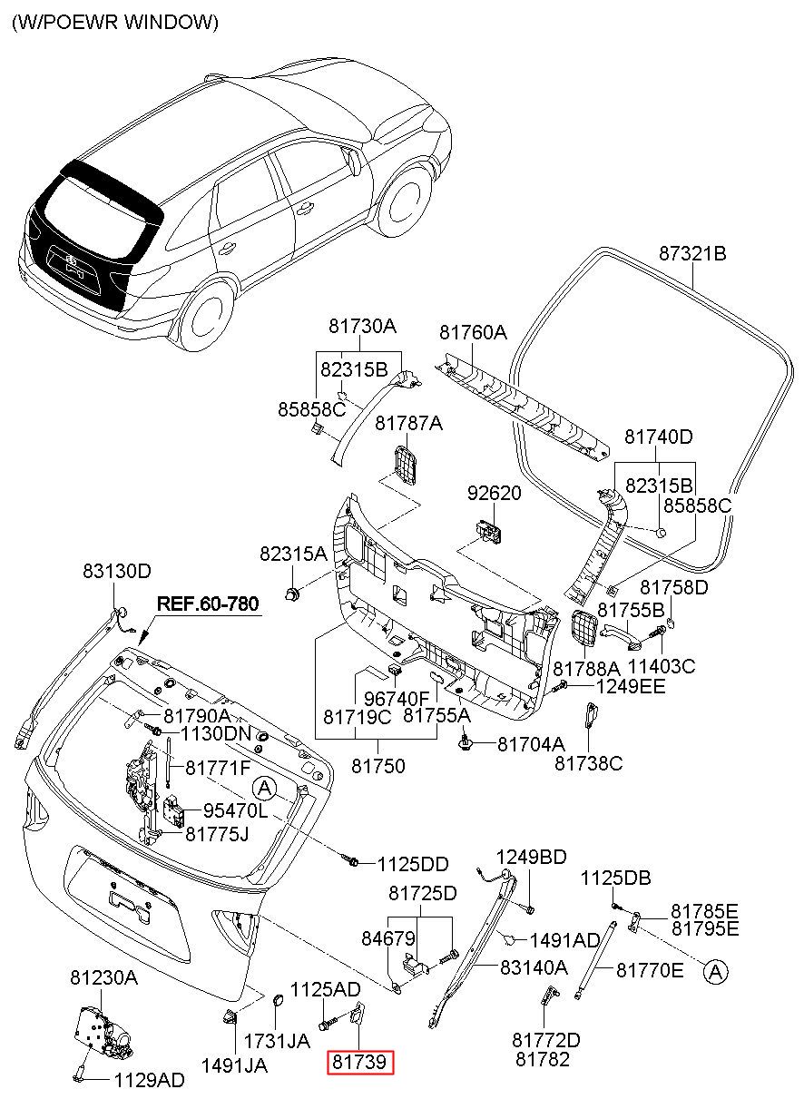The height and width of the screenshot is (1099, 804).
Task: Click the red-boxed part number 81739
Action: (360, 1062)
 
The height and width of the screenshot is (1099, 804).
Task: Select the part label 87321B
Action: (692, 254)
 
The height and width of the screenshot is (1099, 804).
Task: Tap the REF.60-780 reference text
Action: (208, 604)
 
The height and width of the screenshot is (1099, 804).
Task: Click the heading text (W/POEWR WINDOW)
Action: (115, 23)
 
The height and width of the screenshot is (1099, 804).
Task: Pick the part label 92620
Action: (494, 493)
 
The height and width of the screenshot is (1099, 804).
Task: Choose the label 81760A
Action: (473, 333)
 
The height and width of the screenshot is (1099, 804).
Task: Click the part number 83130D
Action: (117, 571)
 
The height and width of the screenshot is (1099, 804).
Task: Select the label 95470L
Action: (236, 811)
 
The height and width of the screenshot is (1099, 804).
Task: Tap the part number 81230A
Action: (104, 964)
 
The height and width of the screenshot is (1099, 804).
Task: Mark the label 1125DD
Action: (413, 865)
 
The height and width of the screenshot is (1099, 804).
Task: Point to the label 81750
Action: (378, 766)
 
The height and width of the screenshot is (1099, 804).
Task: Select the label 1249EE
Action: (631, 686)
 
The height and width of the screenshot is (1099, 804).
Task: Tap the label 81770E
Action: (650, 970)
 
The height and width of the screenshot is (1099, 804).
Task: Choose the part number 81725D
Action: (422, 893)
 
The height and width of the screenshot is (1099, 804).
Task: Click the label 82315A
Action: (293, 554)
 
